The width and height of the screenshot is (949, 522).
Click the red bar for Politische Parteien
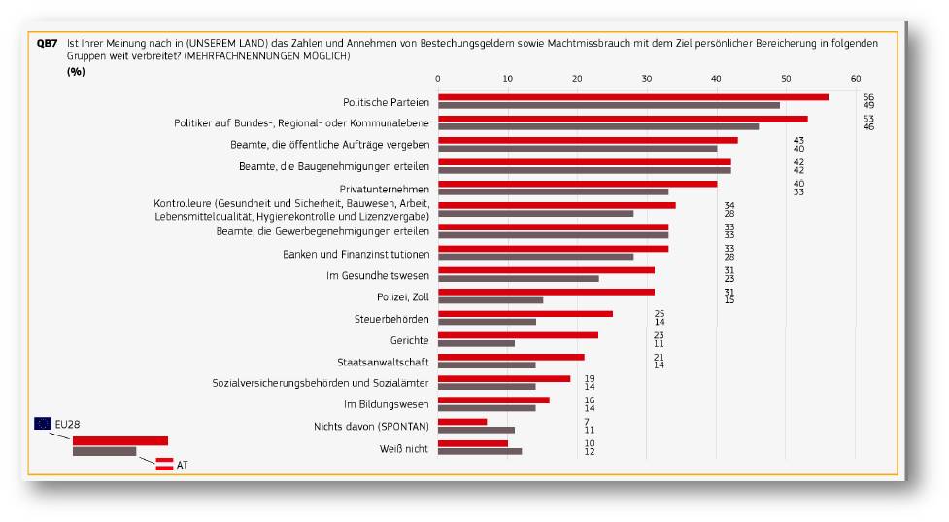tap(633, 97)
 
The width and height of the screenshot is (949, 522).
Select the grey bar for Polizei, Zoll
tap(491, 300)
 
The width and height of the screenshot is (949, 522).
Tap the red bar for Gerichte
tap(518, 335)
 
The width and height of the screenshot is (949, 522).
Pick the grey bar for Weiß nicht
tap(480, 451)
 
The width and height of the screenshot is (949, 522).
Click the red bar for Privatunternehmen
tap(577, 184)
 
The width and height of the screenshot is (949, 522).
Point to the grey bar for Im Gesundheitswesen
tap(519, 279)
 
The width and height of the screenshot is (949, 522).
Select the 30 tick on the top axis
tap(647, 79)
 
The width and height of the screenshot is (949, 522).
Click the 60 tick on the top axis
tap(856, 79)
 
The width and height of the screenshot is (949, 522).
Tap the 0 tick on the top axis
tap(438, 79)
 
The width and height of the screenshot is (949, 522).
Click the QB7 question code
tap(48, 44)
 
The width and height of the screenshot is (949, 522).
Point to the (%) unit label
tap(76, 72)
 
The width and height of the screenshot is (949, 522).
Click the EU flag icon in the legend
tap(43, 423)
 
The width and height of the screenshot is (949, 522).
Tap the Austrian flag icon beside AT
tap(164, 465)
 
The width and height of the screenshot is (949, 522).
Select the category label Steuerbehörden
tap(391, 319)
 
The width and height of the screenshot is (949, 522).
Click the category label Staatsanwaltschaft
tap(383, 363)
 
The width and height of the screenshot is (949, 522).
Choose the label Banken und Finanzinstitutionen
tap(356, 255)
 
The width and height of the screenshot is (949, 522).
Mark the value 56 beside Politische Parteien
tap(868, 97)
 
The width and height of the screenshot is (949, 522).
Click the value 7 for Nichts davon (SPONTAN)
tap(587, 422)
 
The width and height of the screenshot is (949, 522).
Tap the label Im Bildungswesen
tap(387, 404)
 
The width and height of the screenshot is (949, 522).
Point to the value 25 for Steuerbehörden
tap(660, 314)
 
